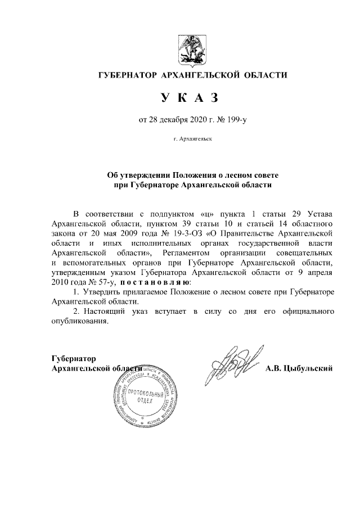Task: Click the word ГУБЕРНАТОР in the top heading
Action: [x=128, y=75]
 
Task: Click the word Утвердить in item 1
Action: [x=102, y=292]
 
